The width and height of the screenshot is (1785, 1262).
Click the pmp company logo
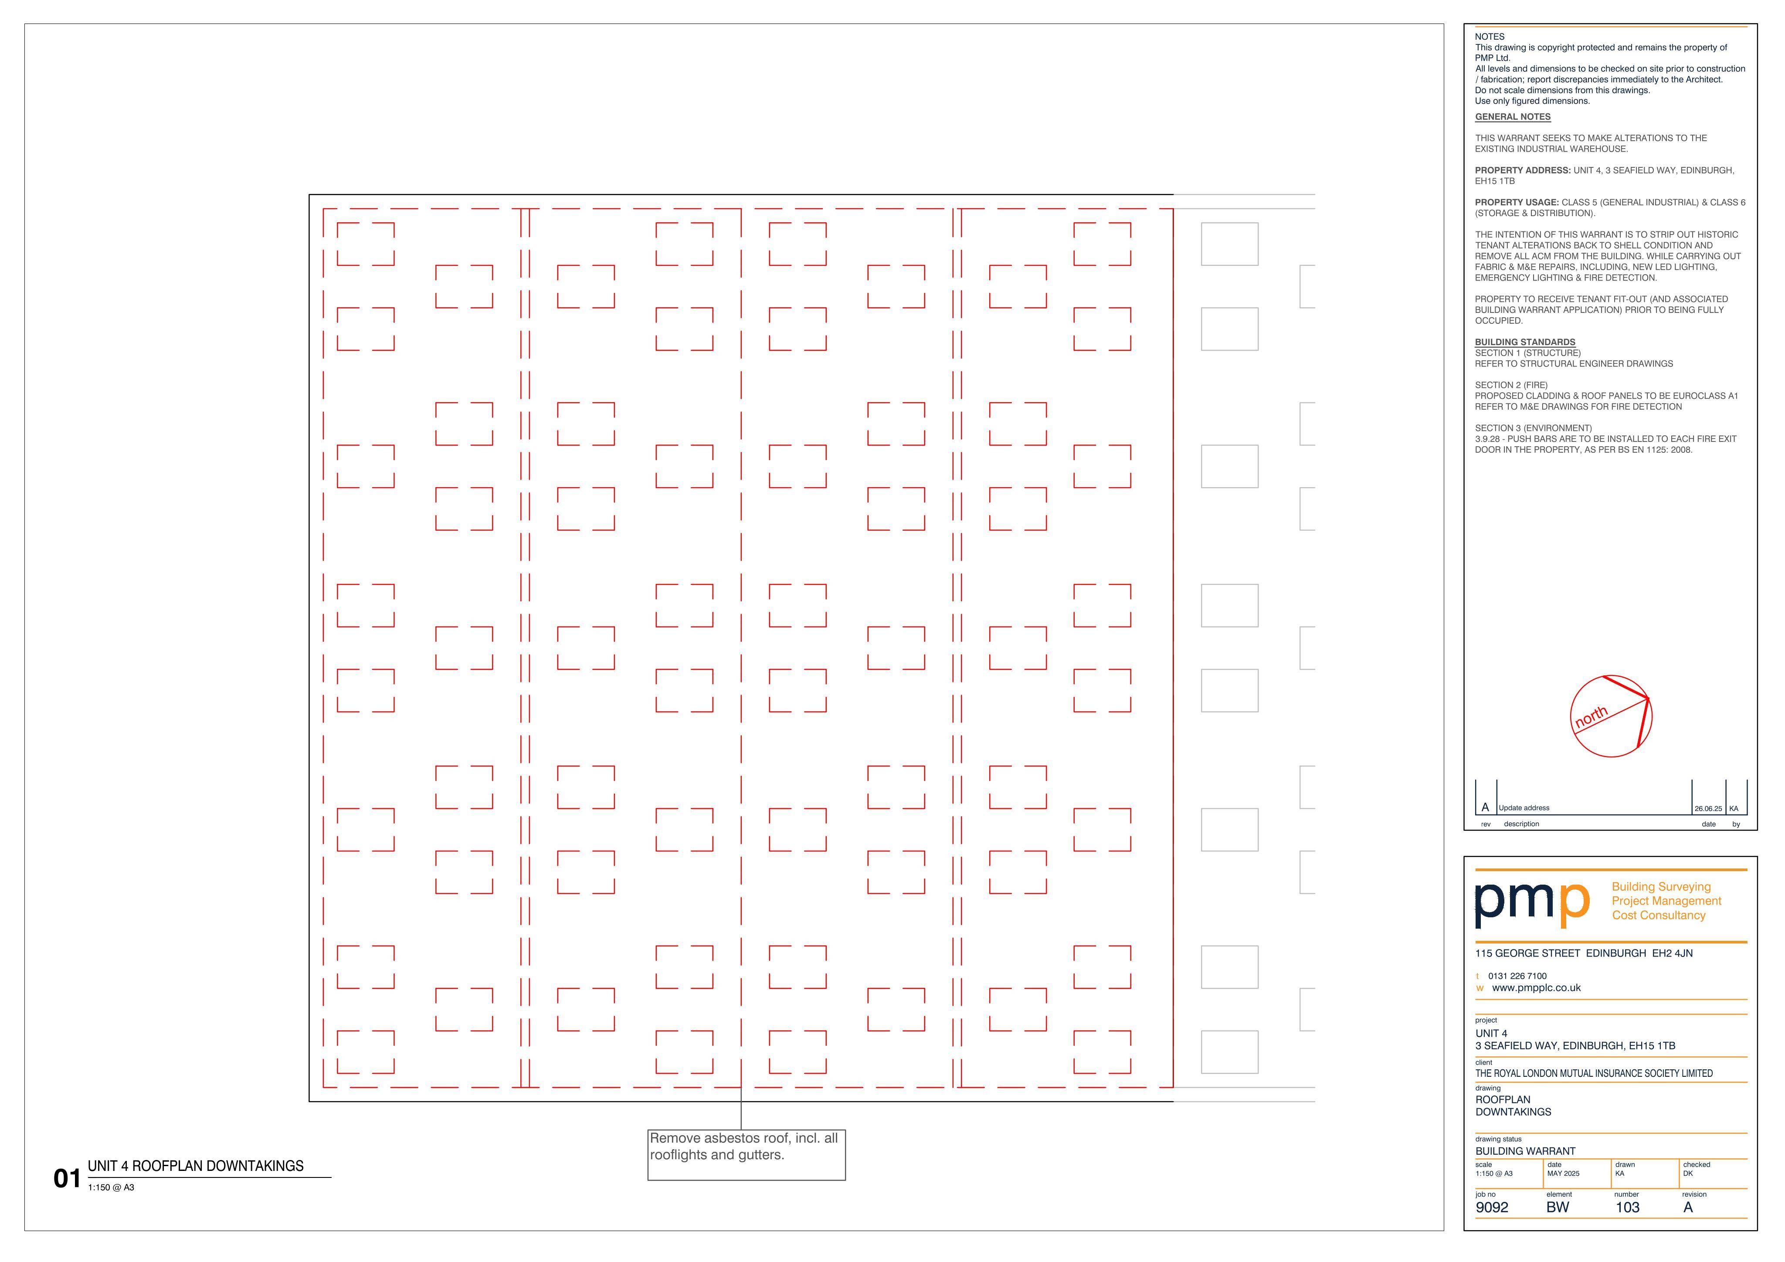coord(1531,902)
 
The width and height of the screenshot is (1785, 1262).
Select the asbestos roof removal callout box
coord(747,1155)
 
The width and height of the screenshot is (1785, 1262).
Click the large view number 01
coord(67,1179)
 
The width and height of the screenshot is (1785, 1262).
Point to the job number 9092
coord(1491,1208)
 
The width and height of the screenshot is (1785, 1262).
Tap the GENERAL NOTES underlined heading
coord(1513,117)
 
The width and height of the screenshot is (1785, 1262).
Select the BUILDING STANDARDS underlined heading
coord(1525,342)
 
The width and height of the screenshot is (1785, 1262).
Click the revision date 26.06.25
coord(1708,809)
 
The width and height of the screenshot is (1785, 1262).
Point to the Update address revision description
coord(1524,808)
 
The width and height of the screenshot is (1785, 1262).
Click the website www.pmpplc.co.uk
coord(1536,988)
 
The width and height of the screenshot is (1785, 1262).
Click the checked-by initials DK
coord(1688,1174)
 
